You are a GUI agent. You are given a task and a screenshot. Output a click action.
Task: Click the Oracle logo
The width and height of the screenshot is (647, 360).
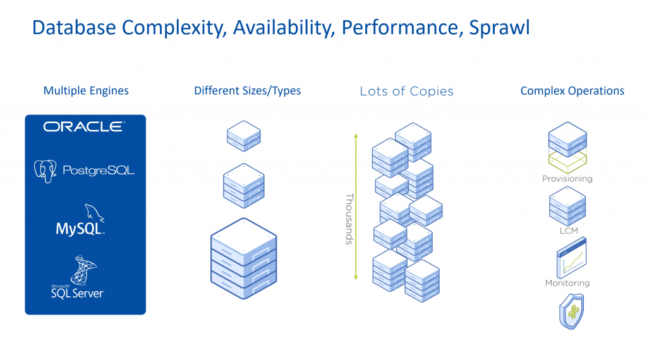click(84, 126)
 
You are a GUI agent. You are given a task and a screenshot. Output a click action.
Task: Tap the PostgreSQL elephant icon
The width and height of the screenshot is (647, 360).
click(45, 171)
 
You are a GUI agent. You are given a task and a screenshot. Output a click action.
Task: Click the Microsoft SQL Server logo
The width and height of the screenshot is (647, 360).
click(78, 277)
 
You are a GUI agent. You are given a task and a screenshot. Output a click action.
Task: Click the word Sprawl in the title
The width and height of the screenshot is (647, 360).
click(499, 28)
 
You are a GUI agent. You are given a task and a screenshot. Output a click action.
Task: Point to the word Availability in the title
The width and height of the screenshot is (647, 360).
click(284, 28)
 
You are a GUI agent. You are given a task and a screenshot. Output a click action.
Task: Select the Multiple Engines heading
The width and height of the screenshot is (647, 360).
click(86, 91)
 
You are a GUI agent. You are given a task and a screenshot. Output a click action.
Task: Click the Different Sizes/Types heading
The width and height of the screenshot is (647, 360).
click(248, 91)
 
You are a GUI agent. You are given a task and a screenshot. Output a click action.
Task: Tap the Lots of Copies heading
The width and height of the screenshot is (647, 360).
click(406, 91)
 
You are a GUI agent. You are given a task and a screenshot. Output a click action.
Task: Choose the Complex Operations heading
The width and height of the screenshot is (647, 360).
click(572, 91)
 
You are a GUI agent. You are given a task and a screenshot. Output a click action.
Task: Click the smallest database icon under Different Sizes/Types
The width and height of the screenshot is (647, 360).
click(244, 136)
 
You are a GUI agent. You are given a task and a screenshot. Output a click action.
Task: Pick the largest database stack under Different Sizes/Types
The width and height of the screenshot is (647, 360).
click(244, 258)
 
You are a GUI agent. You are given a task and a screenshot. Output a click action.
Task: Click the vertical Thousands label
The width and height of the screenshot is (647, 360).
click(349, 219)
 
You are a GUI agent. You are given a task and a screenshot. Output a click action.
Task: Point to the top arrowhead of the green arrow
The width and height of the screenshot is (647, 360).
click(356, 136)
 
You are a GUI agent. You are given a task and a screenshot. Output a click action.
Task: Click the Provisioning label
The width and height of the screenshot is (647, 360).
click(567, 179)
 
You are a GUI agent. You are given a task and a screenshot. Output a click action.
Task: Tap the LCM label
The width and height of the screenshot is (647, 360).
click(569, 231)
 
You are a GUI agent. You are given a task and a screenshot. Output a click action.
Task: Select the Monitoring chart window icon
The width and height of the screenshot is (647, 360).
click(571, 258)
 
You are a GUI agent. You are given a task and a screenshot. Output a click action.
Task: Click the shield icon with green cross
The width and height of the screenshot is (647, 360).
click(571, 311)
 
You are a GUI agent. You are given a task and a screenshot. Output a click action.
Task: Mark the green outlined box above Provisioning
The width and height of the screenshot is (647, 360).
click(567, 161)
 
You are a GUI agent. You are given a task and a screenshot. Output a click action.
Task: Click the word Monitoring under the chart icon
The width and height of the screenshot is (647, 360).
click(567, 283)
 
